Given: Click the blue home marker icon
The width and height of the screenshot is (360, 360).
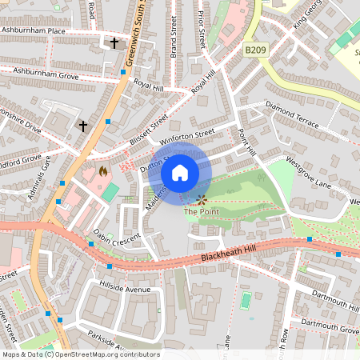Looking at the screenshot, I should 180,173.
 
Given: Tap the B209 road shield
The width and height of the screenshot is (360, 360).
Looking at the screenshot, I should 255,50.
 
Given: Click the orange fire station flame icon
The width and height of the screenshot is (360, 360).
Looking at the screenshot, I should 102,170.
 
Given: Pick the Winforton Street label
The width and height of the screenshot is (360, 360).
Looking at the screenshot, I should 187,137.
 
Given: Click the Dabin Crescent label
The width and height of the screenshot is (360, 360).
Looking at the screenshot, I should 117,238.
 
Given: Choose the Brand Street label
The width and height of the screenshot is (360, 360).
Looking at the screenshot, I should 172,28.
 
